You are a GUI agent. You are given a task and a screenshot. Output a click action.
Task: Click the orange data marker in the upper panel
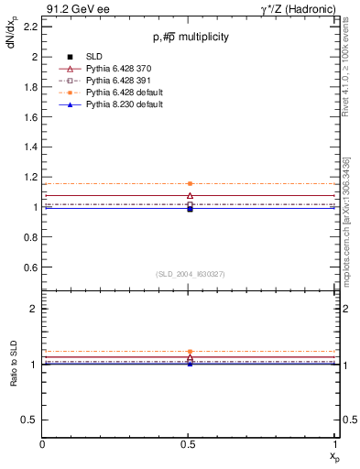[x=190, y=183]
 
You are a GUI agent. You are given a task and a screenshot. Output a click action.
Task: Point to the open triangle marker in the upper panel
[x=190, y=195]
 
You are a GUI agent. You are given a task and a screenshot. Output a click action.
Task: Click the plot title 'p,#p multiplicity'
[x=191, y=38]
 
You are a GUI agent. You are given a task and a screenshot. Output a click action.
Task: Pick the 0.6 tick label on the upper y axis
[x=29, y=267]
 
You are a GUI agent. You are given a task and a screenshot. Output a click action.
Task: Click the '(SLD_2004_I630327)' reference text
[x=190, y=273]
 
